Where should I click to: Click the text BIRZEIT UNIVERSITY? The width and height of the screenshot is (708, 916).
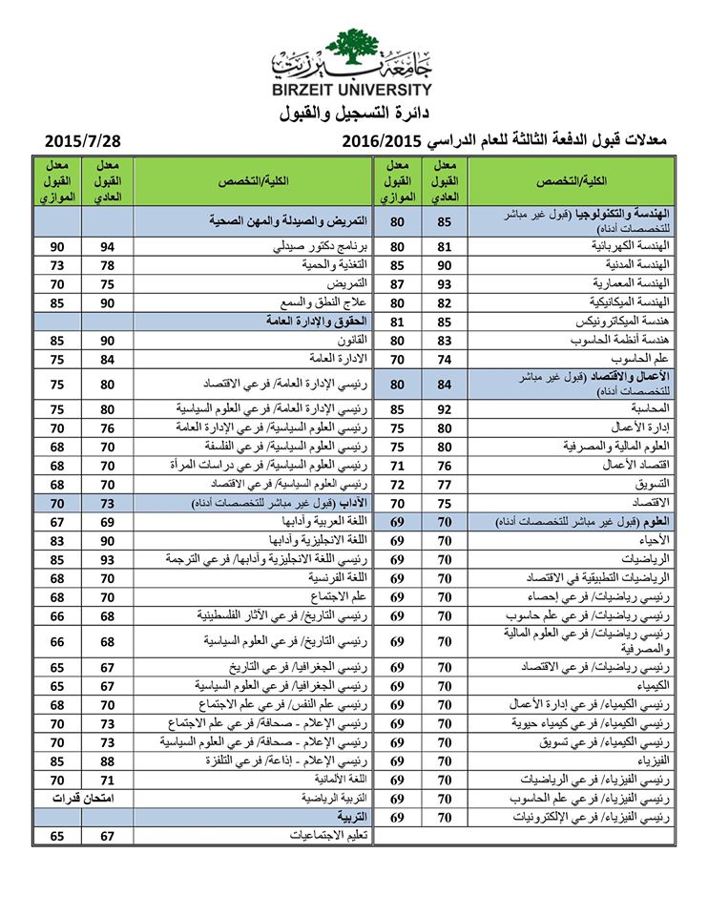(353, 90)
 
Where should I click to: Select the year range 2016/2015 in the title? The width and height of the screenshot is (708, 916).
(382, 141)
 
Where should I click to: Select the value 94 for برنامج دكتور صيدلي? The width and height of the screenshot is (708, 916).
(108, 247)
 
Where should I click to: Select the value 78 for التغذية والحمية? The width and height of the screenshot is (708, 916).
(108, 265)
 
